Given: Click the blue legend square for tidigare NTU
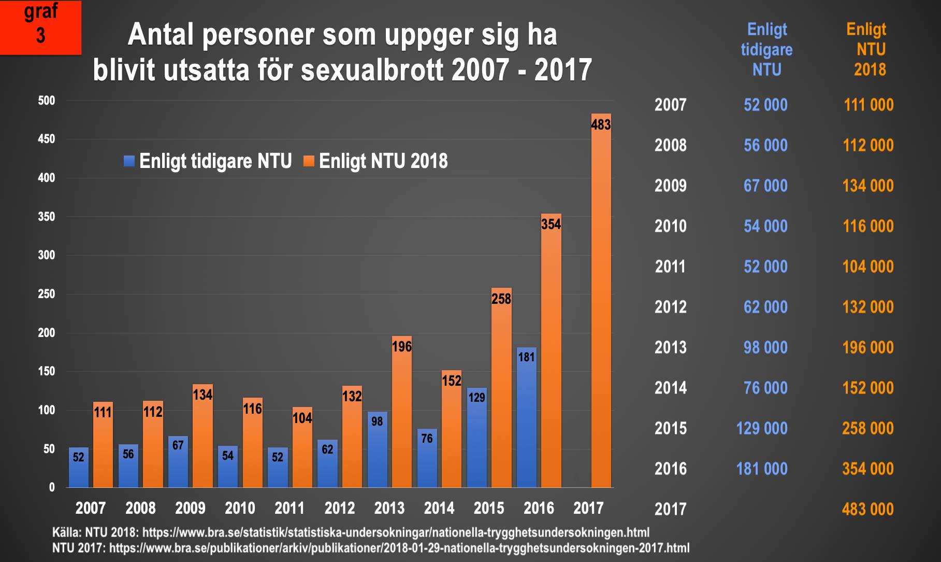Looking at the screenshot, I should [x=129, y=161].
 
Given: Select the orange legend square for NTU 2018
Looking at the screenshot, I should [x=309, y=161].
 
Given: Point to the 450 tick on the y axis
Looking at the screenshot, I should [x=46, y=139].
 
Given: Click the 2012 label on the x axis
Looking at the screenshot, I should [x=339, y=508].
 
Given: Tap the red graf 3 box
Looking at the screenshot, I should [x=40, y=27].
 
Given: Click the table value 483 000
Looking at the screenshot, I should [x=867, y=509].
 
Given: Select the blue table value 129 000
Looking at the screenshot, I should [x=762, y=428].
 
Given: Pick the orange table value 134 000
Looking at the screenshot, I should [x=868, y=186].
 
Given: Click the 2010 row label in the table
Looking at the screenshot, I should [x=670, y=226].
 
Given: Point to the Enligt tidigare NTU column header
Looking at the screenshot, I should [x=766, y=49].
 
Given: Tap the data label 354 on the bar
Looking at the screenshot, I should [x=551, y=224].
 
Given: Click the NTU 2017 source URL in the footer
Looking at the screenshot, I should [x=399, y=548].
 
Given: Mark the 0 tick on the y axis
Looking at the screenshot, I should [x=51, y=487].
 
